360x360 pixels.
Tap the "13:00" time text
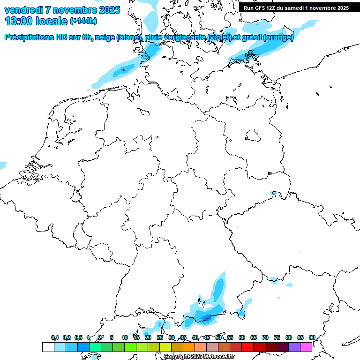18,21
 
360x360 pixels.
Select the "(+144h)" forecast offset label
83,21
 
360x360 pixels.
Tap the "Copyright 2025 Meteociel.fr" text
199,357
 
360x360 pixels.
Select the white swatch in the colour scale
48,347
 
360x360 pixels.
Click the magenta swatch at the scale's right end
306,347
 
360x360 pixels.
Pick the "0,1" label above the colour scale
55,337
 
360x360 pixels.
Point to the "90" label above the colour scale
312,337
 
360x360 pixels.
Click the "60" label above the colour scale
242,337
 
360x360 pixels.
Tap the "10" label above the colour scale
125,337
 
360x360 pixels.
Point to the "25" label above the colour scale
160,337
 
